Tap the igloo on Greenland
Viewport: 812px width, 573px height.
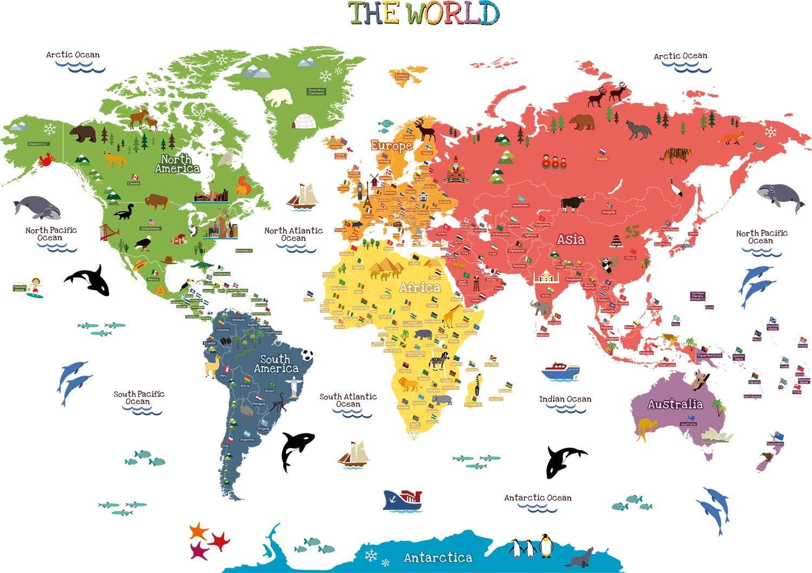click(304, 122)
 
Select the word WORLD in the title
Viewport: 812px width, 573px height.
click(453, 14)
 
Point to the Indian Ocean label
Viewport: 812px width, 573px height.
click(565, 399)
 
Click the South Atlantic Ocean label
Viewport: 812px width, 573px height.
click(348, 400)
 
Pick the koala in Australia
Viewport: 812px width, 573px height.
click(698, 379)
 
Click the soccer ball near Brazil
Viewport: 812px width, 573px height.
click(307, 355)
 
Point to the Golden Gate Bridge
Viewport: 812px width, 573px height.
click(108, 233)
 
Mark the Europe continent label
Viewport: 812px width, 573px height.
click(391, 146)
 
